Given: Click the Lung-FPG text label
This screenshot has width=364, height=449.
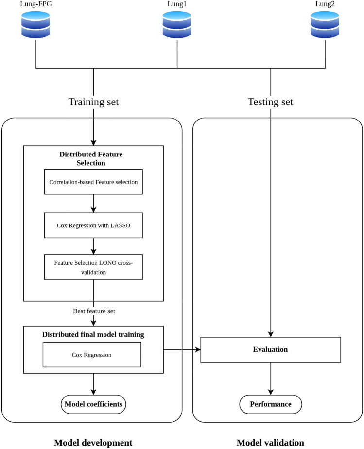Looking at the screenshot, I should click(36, 4).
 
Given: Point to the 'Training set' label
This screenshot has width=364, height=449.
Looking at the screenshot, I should click(93, 102).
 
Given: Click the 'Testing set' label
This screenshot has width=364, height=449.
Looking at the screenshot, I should click(271, 102).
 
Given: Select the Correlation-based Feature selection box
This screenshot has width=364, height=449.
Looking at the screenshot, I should click(93, 182).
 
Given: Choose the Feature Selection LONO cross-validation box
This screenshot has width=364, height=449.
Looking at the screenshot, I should click(93, 267).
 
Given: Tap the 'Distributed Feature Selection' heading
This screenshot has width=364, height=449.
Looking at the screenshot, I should click(91, 158).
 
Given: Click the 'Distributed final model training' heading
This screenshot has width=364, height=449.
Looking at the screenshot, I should click(93, 335).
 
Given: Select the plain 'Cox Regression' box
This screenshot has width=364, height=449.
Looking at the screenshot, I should click(92, 355).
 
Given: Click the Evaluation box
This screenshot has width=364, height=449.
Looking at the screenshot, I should click(270, 349).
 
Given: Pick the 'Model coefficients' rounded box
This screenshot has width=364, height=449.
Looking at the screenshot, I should click(93, 404).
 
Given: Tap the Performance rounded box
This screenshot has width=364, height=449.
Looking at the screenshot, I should click(271, 404).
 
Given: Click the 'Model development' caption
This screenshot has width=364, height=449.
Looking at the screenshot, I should click(93, 443).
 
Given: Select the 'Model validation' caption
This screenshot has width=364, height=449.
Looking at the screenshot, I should click(270, 443).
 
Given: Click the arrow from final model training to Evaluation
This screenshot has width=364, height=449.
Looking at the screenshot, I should click(182, 349).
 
